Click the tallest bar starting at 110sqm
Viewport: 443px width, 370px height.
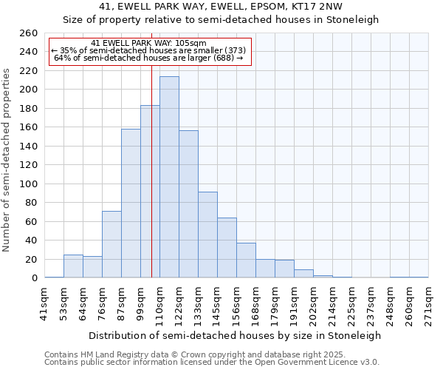click(x=169, y=178)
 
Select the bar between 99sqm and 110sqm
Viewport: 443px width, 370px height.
click(x=150, y=192)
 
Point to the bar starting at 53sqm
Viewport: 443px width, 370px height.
click(x=73, y=266)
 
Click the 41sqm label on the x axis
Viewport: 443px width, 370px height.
click(x=44, y=304)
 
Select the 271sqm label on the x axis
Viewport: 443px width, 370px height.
click(x=428, y=304)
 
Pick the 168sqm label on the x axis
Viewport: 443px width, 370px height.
click(x=255, y=304)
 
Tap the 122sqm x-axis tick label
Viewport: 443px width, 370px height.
click(x=179, y=304)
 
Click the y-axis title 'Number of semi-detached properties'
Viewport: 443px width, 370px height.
click(x=7, y=159)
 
